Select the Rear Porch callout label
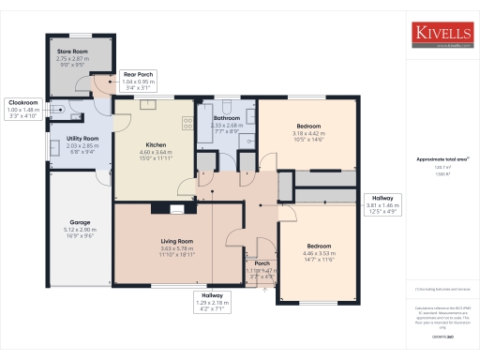click(138, 82)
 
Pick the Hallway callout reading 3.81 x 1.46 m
click(382, 205)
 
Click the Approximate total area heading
click(435, 159)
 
